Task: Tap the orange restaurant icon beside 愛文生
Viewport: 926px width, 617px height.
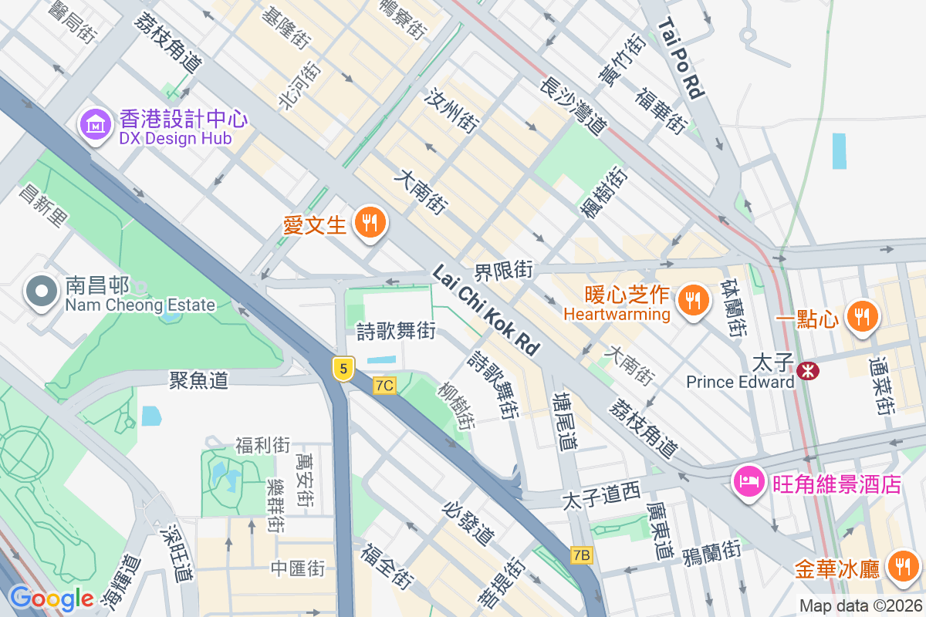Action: [370, 223]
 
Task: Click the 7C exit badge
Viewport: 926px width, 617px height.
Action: [384, 385]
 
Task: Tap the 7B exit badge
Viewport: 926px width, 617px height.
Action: [582, 555]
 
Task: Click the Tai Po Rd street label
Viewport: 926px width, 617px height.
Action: [682, 59]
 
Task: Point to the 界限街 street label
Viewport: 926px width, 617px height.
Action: [503, 270]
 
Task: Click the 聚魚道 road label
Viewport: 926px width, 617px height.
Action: [199, 379]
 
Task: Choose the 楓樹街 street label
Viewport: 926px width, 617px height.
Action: [605, 192]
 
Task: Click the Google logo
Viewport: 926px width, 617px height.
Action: [51, 598]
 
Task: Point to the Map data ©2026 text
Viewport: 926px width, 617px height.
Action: [860, 606]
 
